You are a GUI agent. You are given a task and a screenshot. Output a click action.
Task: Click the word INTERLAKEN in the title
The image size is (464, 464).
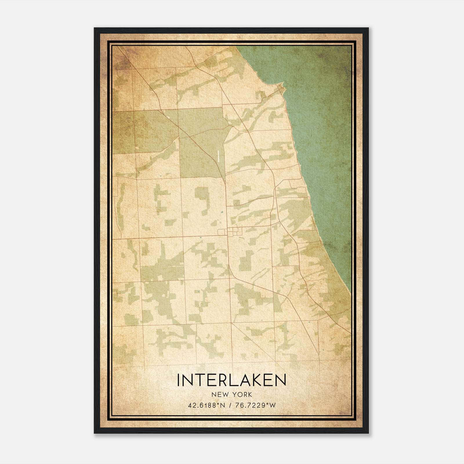click(231, 380)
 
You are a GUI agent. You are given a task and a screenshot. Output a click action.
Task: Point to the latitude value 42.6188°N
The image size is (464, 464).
click(206, 405)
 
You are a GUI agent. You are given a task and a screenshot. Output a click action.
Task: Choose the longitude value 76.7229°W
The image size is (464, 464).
click(255, 405)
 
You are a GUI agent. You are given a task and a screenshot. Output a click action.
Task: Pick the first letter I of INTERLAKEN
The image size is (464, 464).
click(179, 380)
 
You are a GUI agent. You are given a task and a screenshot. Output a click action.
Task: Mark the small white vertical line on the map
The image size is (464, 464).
click(217, 156)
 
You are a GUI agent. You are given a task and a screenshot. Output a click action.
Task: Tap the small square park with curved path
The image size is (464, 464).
click(236, 202)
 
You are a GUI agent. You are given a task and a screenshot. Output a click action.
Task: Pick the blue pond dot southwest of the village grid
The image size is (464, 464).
click(201, 237)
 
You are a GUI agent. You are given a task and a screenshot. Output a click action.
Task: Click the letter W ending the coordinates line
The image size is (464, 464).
click(273, 405)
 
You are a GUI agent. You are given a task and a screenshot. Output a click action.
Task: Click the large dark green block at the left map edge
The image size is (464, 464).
click(123, 132)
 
